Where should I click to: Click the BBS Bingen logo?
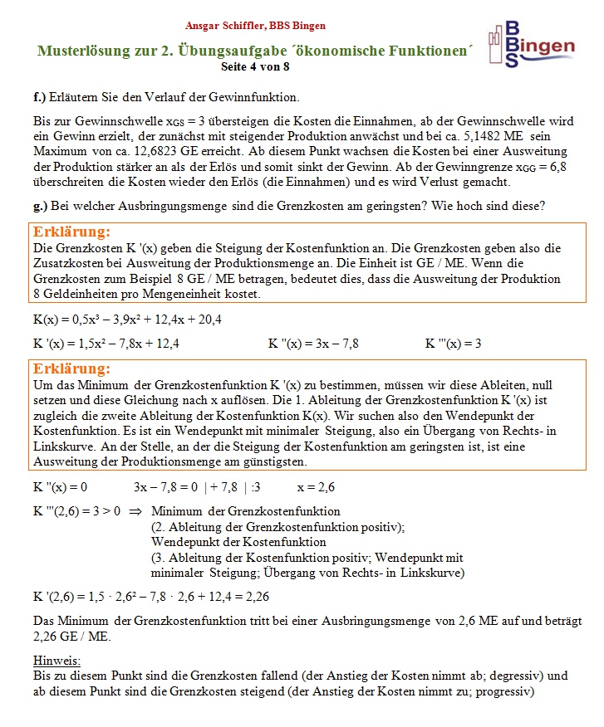click(532, 43)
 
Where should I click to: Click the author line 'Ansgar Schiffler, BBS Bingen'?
click(255, 26)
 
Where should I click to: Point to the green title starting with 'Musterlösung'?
click(255, 51)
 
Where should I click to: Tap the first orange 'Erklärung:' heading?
click(71, 232)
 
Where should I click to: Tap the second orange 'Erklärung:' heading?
click(71, 368)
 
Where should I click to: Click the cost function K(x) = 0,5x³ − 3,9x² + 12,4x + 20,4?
click(127, 319)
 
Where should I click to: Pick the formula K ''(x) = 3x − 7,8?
click(313, 343)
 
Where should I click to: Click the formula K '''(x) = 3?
click(453, 343)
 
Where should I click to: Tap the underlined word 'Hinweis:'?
click(56, 660)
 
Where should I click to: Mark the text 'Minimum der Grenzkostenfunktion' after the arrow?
click(246, 511)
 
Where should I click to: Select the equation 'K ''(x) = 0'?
click(61, 486)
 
